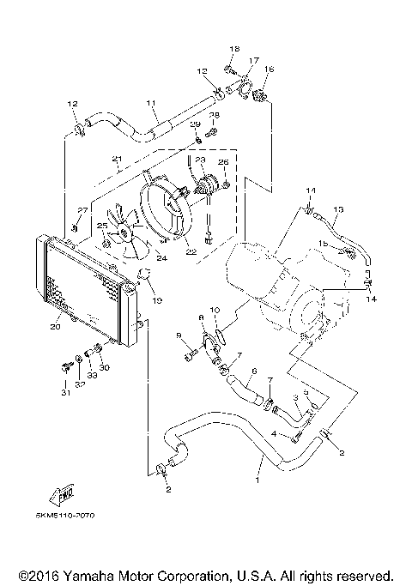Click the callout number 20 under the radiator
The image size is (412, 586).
(56, 326)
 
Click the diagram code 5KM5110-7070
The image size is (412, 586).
(64, 515)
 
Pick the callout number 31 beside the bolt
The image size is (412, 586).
(64, 394)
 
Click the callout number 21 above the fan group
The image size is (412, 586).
(117, 160)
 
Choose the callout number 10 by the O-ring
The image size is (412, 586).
(215, 310)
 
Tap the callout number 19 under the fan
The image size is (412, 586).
(157, 302)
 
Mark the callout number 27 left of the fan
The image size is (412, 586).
(82, 210)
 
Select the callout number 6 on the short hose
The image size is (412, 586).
(254, 372)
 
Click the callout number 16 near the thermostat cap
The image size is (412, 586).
(269, 69)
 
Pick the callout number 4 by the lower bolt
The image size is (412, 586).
(275, 435)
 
